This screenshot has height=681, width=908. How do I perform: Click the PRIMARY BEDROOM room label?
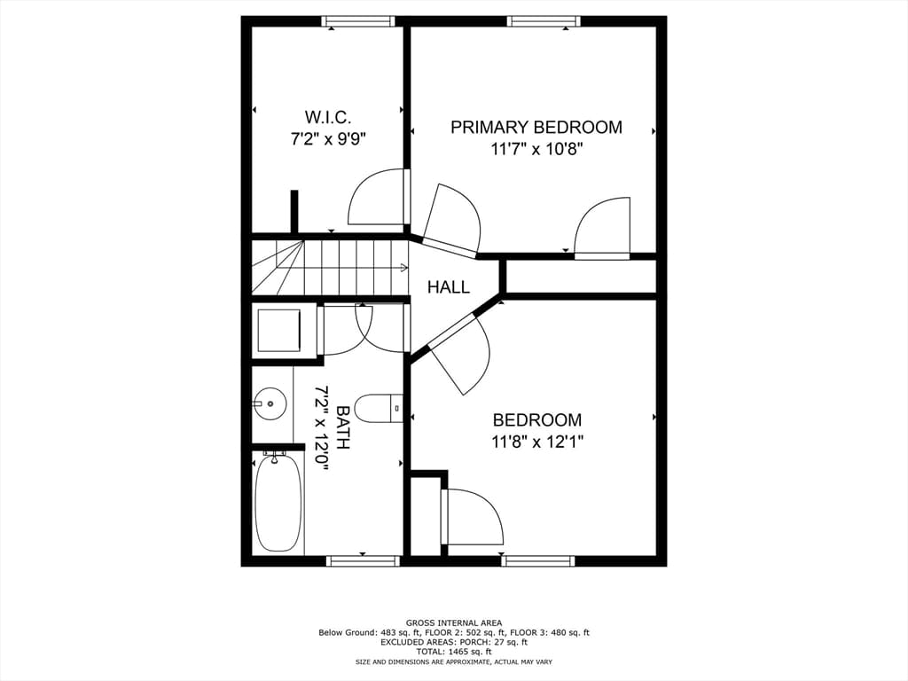(536, 128)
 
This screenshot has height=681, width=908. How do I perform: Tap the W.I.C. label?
(328, 118)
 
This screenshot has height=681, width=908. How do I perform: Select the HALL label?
(448, 286)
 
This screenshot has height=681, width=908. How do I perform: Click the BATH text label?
(343, 427)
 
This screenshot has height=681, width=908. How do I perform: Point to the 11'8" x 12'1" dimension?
(536, 442)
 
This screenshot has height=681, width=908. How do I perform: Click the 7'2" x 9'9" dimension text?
(328, 139)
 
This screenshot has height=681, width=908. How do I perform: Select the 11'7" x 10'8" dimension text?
(536, 149)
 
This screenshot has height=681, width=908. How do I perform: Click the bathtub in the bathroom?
(278, 502)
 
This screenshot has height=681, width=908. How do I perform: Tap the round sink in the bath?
(269, 403)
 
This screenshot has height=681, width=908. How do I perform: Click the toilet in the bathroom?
(379, 408)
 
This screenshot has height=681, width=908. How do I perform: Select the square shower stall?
(279, 330)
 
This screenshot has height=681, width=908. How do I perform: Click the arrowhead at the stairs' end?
(403, 268)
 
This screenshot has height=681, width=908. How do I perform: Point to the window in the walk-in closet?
(358, 21)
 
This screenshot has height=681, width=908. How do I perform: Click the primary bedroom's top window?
(544, 21)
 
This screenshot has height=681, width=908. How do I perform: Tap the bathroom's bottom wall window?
(363, 560)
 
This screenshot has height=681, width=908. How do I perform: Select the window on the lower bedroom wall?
(538, 560)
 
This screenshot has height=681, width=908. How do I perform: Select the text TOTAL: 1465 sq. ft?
(453, 652)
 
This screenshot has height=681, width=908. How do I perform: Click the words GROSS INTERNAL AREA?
(453, 623)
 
